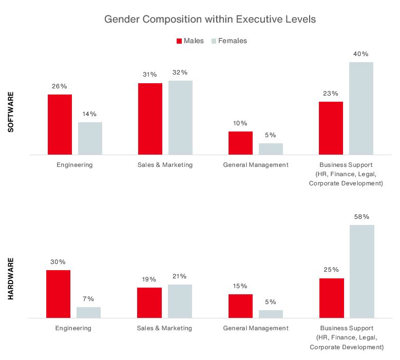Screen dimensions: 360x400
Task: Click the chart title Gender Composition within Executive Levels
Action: (x=209, y=20)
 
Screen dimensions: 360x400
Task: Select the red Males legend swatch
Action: (x=179, y=41)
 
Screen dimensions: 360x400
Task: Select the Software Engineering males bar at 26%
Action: (x=60, y=124)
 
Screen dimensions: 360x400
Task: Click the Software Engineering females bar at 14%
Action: (x=90, y=138)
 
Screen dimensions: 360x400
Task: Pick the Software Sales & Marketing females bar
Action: (x=180, y=118)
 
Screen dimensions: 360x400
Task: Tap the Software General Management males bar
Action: (x=240, y=143)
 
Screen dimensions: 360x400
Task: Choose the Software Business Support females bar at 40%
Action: (x=361, y=108)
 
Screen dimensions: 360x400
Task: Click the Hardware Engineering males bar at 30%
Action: (x=58, y=294)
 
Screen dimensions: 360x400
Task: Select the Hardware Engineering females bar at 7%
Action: (x=88, y=313)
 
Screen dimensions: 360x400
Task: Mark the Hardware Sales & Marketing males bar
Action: (x=149, y=303)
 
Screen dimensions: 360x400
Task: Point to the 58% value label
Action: (x=361, y=217)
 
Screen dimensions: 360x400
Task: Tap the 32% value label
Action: (x=180, y=72)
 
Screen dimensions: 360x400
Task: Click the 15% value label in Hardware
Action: (x=240, y=286)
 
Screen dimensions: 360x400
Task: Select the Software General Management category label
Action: (x=256, y=165)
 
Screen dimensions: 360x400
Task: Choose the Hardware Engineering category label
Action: (x=73, y=328)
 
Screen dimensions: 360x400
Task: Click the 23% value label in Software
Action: (x=331, y=93)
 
